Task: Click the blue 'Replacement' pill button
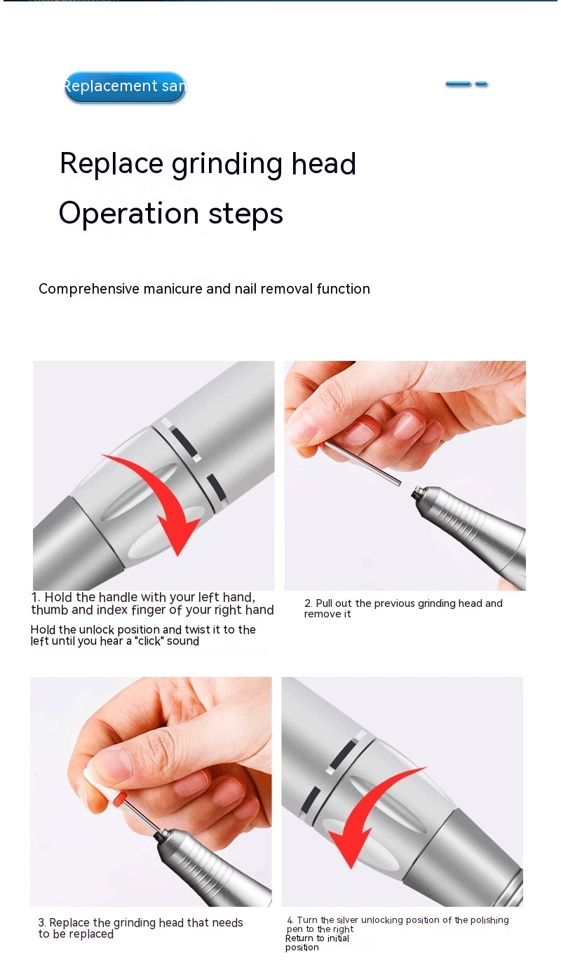(x=125, y=87)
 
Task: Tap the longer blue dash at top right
(x=458, y=84)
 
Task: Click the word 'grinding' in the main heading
(x=227, y=165)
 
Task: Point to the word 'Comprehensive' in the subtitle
(x=89, y=289)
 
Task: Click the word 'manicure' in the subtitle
(x=173, y=289)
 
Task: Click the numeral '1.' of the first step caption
(x=36, y=598)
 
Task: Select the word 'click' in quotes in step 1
(x=149, y=641)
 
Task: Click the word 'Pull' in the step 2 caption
(x=324, y=603)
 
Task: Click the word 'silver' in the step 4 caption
(x=347, y=920)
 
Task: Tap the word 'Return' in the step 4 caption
(x=299, y=938)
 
